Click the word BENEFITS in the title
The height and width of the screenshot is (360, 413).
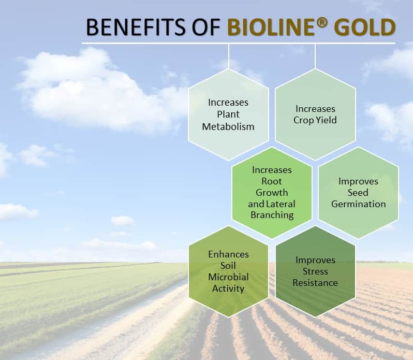coord(136,26)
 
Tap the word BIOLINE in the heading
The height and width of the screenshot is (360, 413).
coord(271,27)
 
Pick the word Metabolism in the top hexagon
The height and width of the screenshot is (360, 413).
coord(228,127)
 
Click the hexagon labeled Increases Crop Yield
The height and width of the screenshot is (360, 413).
coord(315,114)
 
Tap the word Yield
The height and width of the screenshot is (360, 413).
coord(326,120)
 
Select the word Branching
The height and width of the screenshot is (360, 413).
coord(272,215)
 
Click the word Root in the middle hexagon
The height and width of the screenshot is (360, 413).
coord(272,181)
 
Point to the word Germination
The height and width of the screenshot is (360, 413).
coord(359,204)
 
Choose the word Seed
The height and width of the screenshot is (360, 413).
coord(358,192)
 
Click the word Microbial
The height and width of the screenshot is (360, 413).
coord(228,277)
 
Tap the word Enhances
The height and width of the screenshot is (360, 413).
coord(228,254)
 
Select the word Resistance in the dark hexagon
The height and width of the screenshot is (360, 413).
coord(315,283)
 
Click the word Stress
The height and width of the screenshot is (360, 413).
coord(315,271)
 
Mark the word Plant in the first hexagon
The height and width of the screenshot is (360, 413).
coord(228,114)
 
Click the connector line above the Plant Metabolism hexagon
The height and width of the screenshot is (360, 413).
coord(229,56)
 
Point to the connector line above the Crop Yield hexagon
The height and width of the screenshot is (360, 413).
coord(315,56)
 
